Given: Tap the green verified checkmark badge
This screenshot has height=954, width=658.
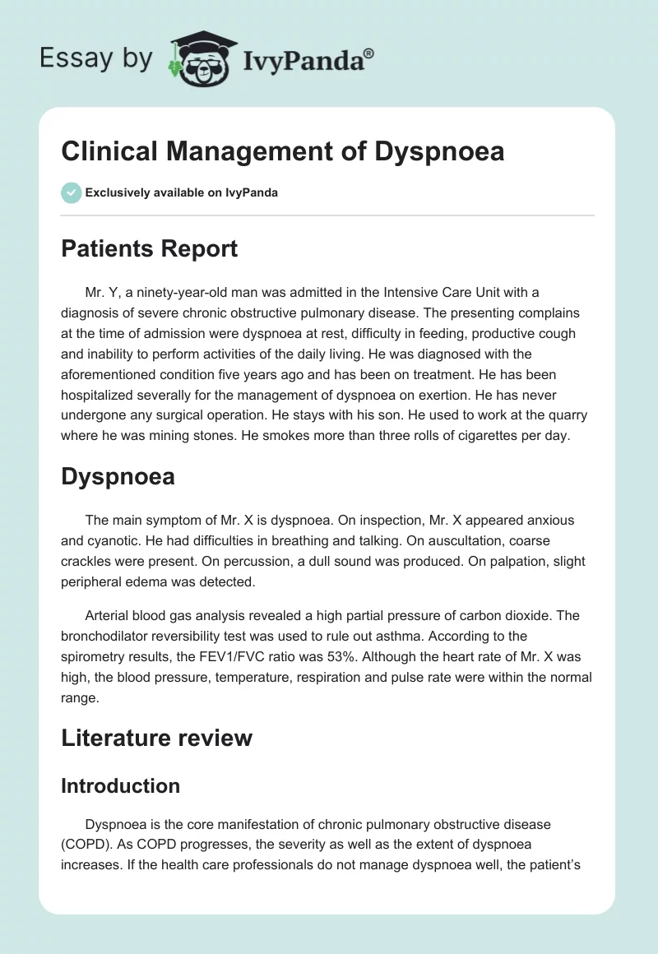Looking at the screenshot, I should (71, 192).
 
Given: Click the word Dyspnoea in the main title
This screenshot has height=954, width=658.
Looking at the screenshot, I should (438, 152).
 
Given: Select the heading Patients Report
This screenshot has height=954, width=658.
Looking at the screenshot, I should (149, 248).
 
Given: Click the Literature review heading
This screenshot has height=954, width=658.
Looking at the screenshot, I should (156, 737).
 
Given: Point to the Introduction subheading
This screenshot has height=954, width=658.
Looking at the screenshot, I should (120, 785).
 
